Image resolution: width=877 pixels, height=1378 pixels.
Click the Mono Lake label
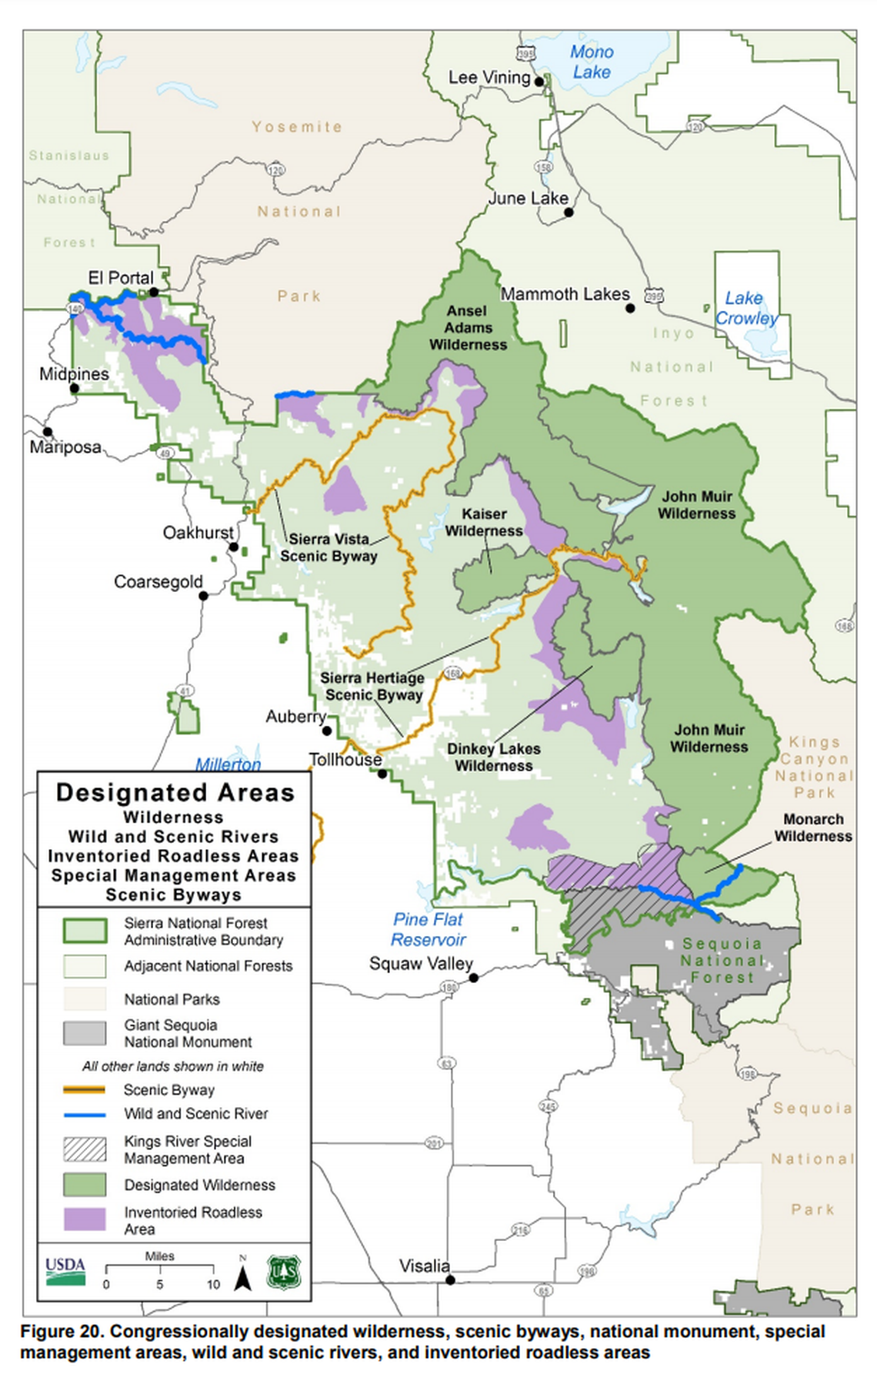click(591, 62)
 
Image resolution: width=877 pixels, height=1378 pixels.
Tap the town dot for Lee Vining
click(539, 82)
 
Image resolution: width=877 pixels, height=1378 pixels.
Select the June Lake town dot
click(569, 212)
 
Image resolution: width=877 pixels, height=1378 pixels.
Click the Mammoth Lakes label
click(565, 294)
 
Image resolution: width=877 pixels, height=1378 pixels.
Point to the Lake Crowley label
click(745, 308)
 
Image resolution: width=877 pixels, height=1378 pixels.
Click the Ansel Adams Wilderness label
click(468, 328)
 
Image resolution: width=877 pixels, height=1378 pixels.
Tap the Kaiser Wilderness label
click(484, 523)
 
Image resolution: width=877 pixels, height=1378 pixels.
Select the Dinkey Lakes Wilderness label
click(493, 758)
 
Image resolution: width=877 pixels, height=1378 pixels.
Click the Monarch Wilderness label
click(813, 828)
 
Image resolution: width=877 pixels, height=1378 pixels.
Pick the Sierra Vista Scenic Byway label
click(328, 547)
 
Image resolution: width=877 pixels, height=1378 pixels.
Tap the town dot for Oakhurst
click(233, 547)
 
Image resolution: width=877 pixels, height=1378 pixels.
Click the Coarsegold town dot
click(203, 596)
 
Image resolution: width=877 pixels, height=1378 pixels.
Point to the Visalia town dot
click(451, 1280)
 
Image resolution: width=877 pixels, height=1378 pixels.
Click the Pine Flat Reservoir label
click(428, 929)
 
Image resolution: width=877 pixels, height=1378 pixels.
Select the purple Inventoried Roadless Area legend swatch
click(85, 1219)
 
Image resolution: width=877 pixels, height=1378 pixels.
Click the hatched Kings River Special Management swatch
click(85, 1149)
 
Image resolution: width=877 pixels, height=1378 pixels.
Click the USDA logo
click(65, 1271)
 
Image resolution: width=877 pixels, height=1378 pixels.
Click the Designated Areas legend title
click(175, 793)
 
